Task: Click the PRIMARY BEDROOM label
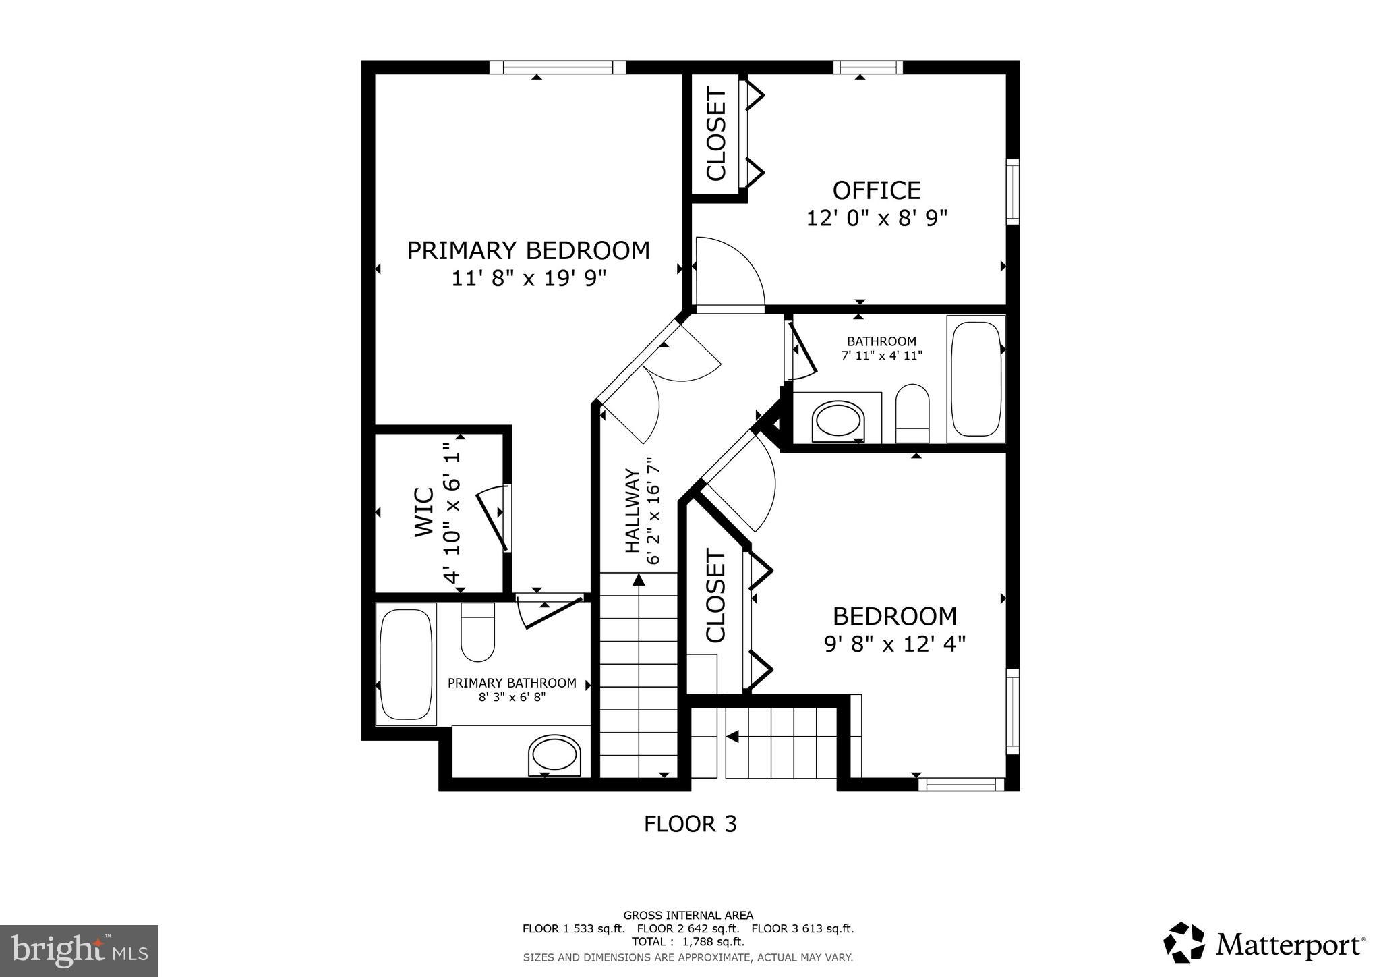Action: [528, 251]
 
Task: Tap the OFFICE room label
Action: [876, 191]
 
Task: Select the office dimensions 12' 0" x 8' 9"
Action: [877, 219]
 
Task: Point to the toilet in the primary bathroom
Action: [477, 633]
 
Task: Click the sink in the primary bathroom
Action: [554, 754]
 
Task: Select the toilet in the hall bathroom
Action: [912, 413]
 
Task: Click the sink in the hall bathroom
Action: [839, 422]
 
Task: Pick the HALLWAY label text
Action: [632, 511]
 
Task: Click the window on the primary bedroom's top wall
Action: [558, 67]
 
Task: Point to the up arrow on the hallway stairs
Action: [638, 580]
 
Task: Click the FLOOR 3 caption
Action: [690, 824]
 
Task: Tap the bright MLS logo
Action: [79, 951]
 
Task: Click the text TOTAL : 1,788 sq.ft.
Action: [688, 941]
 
